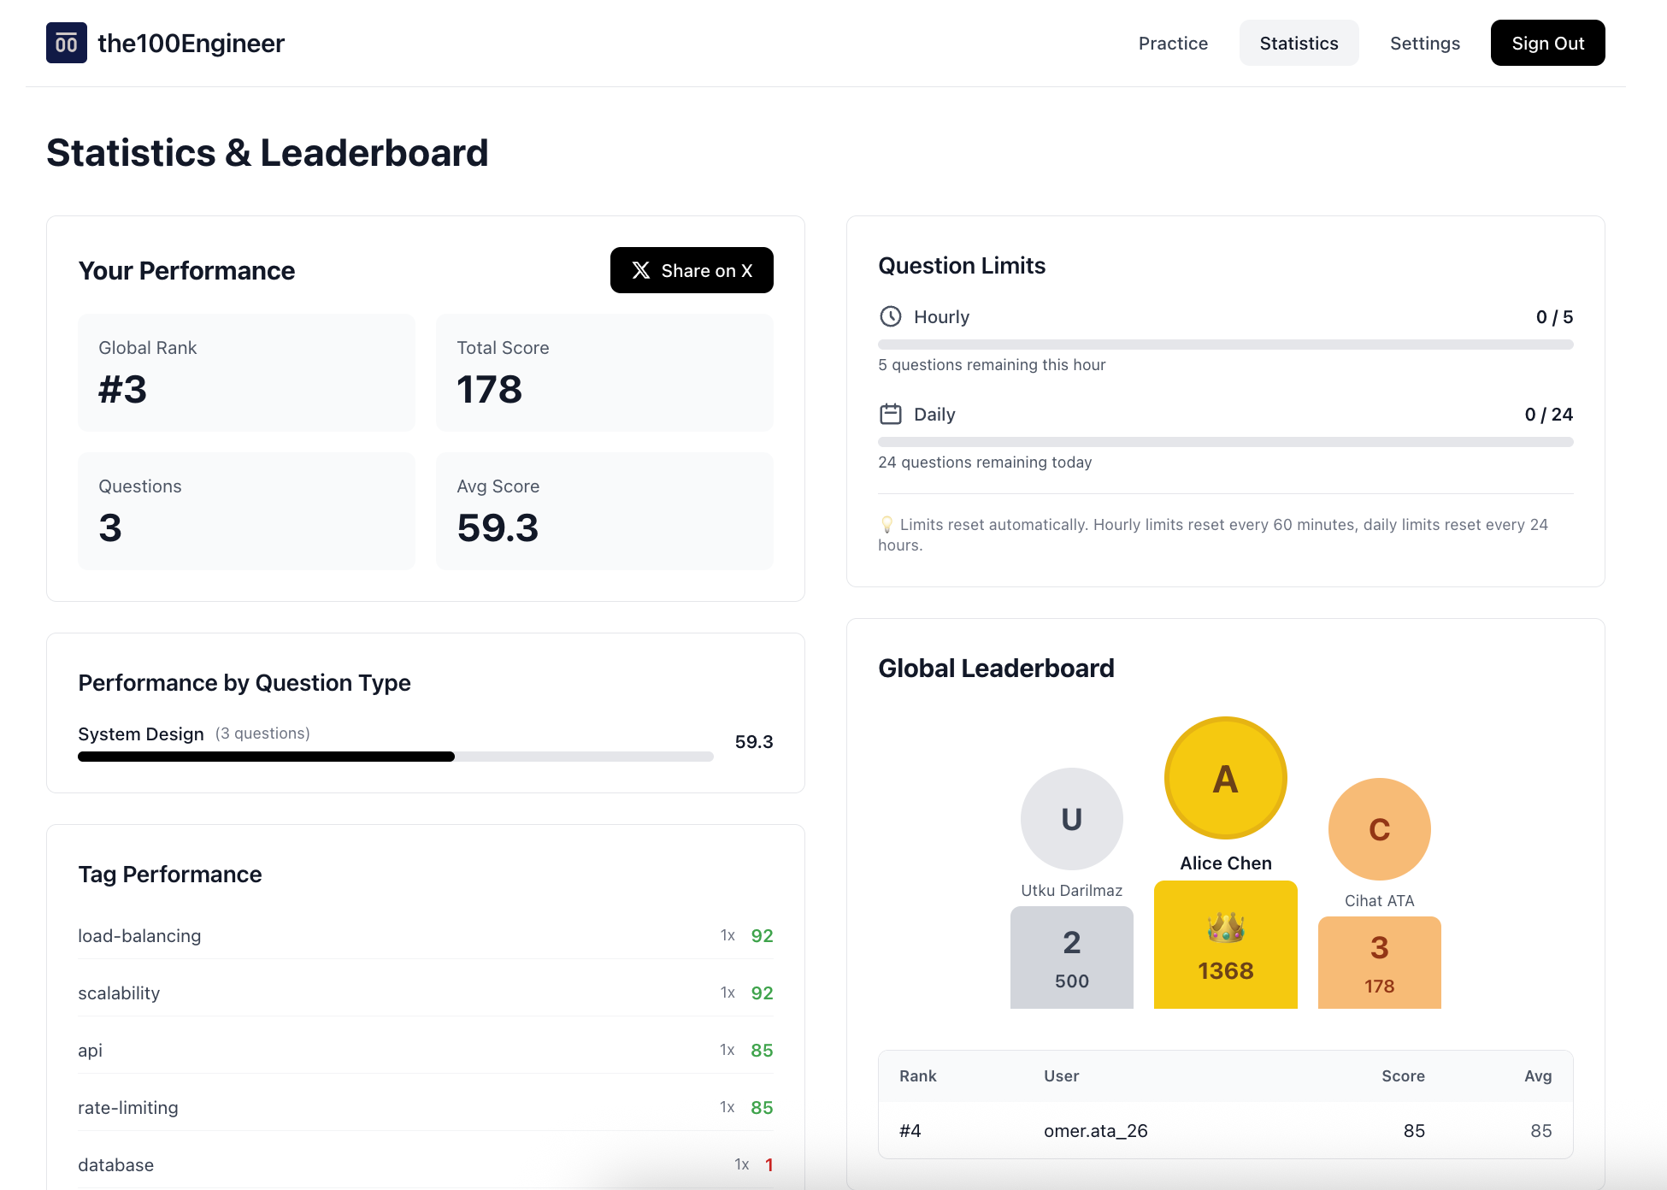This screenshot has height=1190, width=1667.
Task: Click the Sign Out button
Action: point(1547,43)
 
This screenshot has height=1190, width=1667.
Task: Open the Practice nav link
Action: point(1173,43)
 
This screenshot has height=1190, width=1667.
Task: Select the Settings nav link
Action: point(1424,43)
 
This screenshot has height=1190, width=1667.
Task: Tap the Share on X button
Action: point(692,270)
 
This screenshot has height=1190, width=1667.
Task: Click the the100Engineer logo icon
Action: point(67,43)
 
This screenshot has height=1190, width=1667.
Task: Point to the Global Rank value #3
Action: point(123,390)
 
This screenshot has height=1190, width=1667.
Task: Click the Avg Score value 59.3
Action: point(498,528)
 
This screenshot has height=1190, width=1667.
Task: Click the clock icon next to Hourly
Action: point(891,317)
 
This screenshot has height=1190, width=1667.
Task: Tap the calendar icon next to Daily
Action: point(891,415)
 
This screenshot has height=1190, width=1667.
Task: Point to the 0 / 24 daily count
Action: point(1548,415)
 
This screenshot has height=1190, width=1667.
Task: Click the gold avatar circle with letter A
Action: point(1225,779)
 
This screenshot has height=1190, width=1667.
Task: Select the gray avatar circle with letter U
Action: point(1071,819)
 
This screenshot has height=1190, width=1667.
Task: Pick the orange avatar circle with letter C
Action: point(1379,829)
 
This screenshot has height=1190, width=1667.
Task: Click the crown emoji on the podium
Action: point(1225,928)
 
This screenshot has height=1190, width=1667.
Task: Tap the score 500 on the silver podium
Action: point(1071,981)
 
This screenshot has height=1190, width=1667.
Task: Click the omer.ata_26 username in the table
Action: point(1095,1131)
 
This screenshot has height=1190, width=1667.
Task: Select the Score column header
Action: point(1403,1076)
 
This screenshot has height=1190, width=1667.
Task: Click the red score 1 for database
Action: point(769,1165)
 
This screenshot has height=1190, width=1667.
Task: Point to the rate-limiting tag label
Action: point(128,1108)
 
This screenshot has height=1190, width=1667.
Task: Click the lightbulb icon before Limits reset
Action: point(887,525)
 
